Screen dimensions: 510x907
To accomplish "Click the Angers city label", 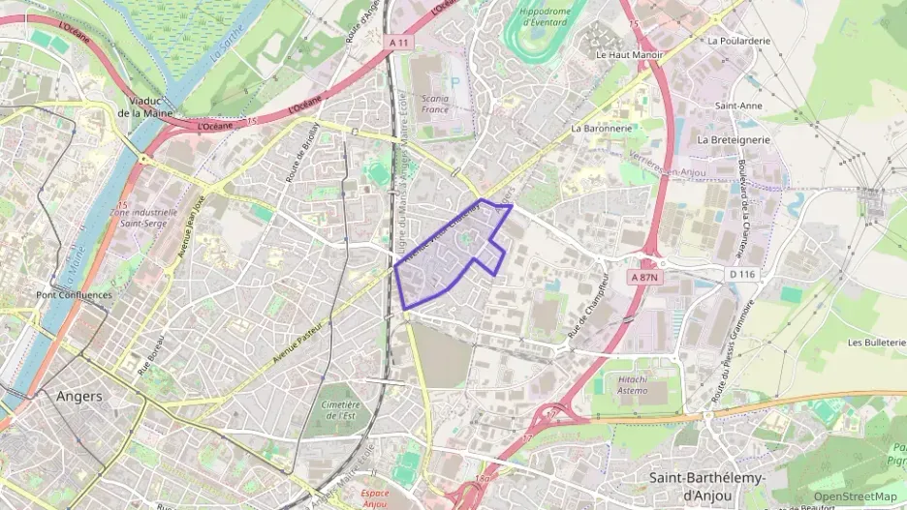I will click(x=79, y=396).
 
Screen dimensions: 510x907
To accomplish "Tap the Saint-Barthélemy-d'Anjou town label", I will click(x=706, y=487).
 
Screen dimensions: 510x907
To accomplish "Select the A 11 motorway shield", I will click(x=398, y=43).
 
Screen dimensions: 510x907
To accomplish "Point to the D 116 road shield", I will click(x=741, y=275).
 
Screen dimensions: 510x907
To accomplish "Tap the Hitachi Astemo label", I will click(x=641, y=385).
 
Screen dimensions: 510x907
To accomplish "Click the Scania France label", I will click(x=435, y=104).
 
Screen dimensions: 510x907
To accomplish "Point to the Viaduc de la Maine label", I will click(x=145, y=106).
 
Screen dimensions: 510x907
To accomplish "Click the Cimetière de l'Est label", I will click(x=339, y=409).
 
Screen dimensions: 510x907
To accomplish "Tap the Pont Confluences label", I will click(x=74, y=295).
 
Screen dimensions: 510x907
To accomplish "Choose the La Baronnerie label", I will click(x=602, y=128).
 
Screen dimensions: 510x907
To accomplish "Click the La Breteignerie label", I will click(x=734, y=139).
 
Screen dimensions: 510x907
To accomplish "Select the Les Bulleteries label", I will click(x=876, y=343).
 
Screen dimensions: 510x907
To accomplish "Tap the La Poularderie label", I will click(x=738, y=41).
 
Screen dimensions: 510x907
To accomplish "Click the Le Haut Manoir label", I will click(x=629, y=55).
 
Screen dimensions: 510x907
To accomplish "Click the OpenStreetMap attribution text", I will click(x=855, y=496).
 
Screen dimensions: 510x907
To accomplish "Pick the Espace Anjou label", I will click(x=368, y=495).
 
